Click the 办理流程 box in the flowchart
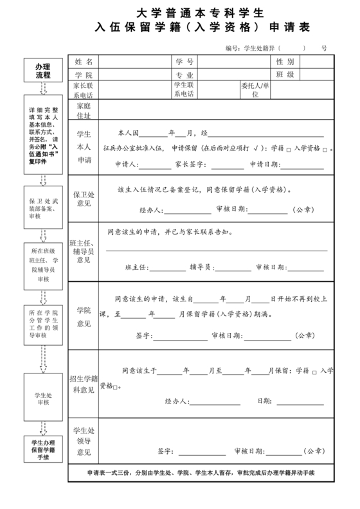tap(42, 71)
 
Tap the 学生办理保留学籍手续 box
tap(42, 450)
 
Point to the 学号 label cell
tap(184, 62)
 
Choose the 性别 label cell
tap(285, 62)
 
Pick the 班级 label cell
tap(285, 75)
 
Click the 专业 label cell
tap(184, 75)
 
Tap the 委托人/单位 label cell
tap(255, 90)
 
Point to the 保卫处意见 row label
tap(84, 198)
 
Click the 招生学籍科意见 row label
tap(84, 384)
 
